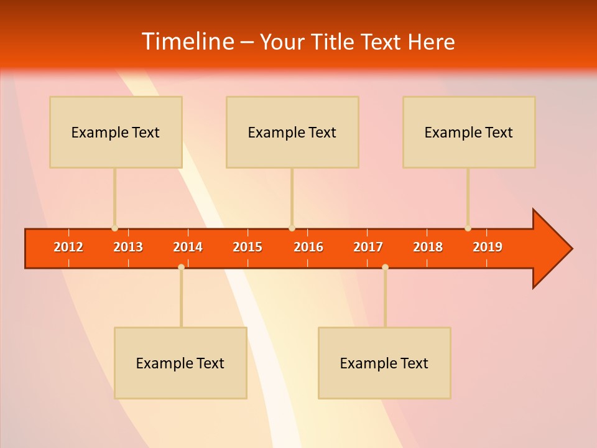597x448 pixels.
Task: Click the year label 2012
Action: click(x=68, y=247)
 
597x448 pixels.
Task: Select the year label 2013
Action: click(x=128, y=247)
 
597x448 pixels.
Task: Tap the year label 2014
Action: click(x=188, y=247)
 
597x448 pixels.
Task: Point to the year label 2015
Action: click(x=248, y=247)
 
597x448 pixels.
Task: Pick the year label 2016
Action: click(x=308, y=247)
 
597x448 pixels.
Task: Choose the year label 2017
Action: click(x=368, y=247)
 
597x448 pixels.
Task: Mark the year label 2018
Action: click(x=428, y=247)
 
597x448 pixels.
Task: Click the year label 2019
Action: click(x=488, y=247)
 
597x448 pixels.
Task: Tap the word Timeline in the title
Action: click(x=187, y=42)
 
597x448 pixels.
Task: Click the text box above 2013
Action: click(x=116, y=132)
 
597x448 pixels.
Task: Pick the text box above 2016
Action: click(x=292, y=132)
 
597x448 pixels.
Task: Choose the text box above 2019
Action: click(x=469, y=132)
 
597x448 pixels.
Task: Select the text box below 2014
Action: click(x=180, y=363)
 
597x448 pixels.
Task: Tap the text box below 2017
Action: click(x=384, y=363)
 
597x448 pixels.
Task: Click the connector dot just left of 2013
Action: click(x=114, y=228)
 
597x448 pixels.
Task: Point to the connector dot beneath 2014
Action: click(x=181, y=267)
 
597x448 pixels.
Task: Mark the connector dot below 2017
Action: click(x=385, y=267)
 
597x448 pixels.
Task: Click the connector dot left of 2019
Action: click(x=468, y=228)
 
